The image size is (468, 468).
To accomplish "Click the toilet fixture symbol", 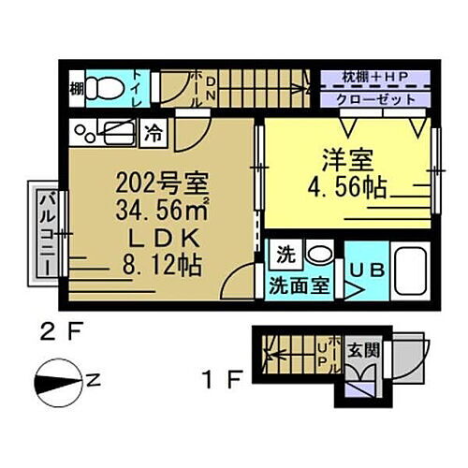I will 110,89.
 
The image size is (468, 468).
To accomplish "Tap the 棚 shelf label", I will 75,91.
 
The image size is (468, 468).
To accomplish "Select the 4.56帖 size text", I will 349,186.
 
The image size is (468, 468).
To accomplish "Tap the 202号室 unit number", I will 155,182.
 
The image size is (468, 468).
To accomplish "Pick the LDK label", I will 157,237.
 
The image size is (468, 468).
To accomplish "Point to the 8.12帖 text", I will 157,265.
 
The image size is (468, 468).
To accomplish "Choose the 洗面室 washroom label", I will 299,285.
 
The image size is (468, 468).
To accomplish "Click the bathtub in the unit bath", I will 409,271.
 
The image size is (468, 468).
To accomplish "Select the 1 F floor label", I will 223,380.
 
